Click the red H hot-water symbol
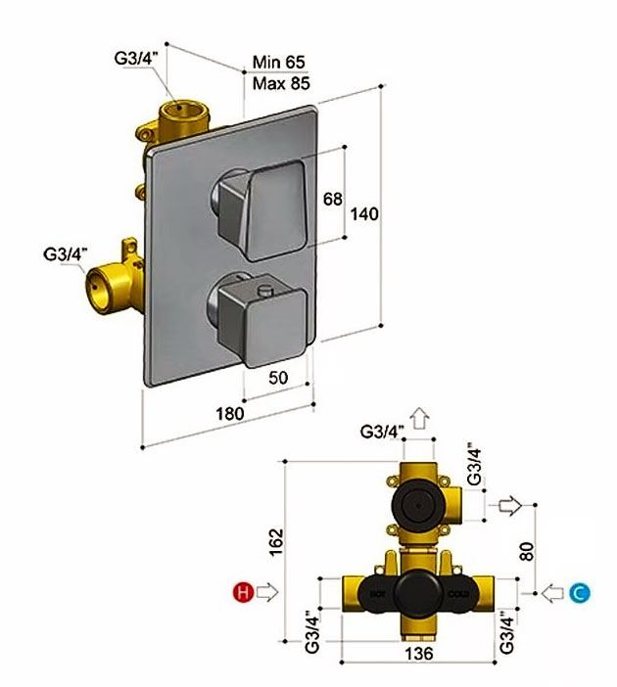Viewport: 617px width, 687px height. (x=244, y=592)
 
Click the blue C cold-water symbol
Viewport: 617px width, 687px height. (x=580, y=593)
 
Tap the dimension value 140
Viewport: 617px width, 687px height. (x=364, y=213)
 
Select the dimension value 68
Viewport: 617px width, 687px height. (x=332, y=199)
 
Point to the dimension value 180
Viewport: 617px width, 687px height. (x=230, y=413)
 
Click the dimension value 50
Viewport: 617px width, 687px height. (x=278, y=377)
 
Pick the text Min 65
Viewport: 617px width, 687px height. (x=278, y=62)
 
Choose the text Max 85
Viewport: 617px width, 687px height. (x=281, y=83)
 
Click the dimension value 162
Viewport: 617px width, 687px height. (x=276, y=542)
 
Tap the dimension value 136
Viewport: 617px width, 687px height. (x=419, y=654)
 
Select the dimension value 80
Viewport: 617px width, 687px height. (x=527, y=551)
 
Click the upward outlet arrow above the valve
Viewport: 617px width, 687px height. (x=420, y=418)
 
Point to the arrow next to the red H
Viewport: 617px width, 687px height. (x=267, y=592)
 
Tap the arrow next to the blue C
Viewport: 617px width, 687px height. (x=553, y=593)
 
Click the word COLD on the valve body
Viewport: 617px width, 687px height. (x=458, y=595)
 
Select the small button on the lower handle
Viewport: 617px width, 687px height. (x=265, y=289)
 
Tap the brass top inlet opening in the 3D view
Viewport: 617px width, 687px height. (x=179, y=108)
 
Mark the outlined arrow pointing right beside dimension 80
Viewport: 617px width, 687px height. (x=510, y=506)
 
